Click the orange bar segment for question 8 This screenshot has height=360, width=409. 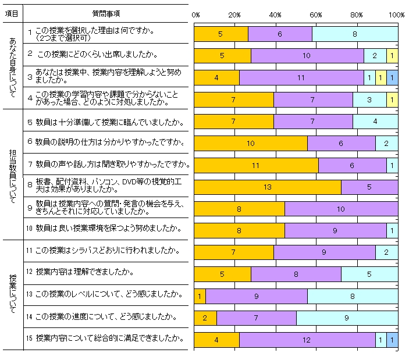(267, 187)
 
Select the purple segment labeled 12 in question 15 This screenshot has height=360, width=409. (307, 339)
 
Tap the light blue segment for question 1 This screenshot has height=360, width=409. (355, 34)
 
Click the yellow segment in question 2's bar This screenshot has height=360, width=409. (392, 56)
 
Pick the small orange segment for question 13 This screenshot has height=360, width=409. (200, 295)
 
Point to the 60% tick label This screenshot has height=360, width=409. (316, 14)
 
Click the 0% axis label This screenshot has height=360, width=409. (196, 14)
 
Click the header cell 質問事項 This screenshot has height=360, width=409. (106, 12)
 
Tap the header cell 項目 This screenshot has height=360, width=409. (12, 12)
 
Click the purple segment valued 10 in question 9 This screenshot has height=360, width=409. (341, 208)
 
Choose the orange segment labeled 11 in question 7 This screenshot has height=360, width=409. (256, 165)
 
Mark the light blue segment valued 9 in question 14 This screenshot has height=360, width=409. (347, 318)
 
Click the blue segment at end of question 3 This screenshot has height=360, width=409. (392, 77)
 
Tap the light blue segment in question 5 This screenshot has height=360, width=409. (375, 121)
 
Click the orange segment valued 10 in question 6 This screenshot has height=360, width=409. (250, 143)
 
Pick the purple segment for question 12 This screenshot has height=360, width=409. (296, 274)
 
